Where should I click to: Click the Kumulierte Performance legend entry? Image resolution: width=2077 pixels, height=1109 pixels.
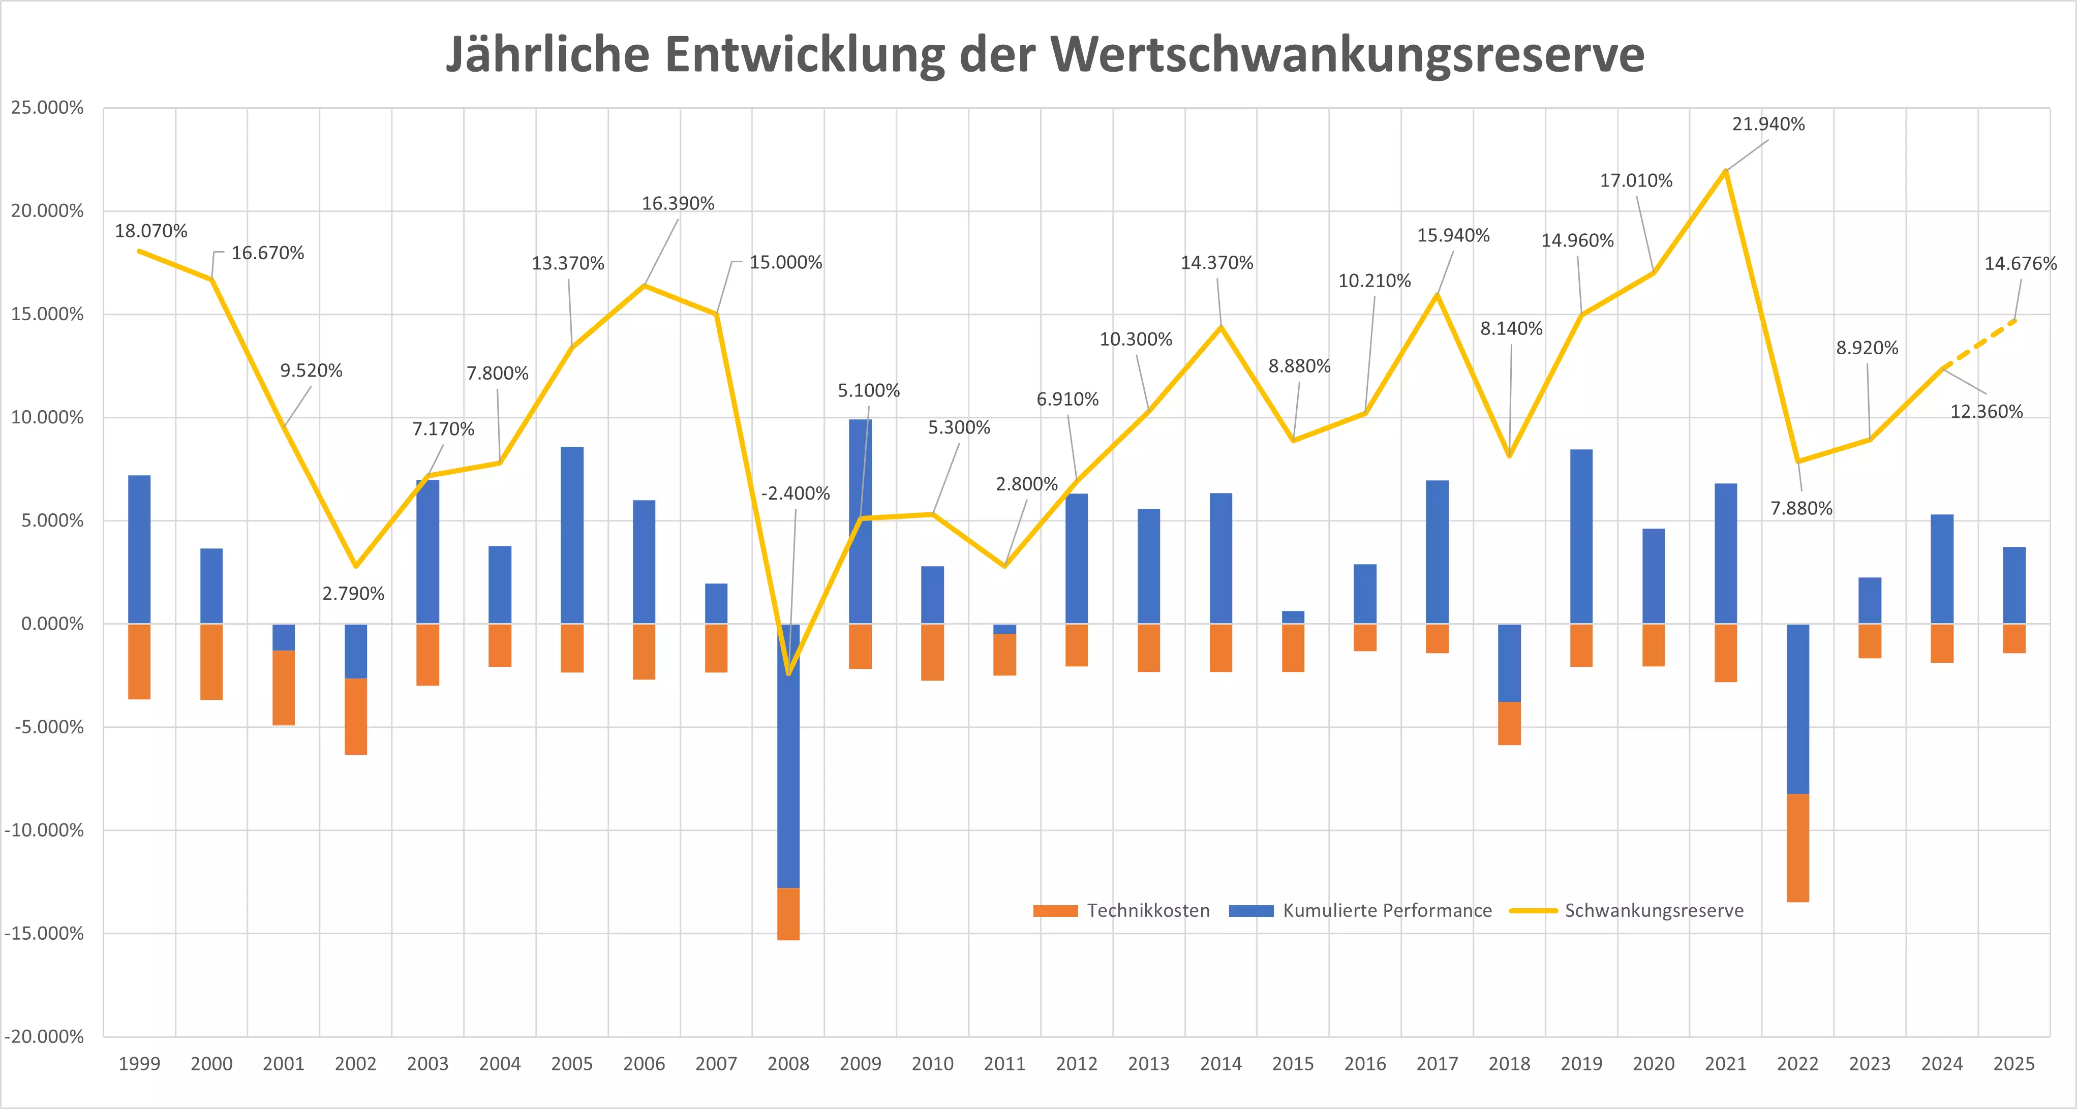[x=1360, y=911]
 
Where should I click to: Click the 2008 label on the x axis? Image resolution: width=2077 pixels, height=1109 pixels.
[x=788, y=1064]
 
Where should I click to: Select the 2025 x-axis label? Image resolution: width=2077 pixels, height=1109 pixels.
[x=2013, y=1064]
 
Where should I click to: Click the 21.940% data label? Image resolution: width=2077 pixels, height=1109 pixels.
[x=1768, y=124]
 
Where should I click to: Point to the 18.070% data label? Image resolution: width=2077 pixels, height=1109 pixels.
[x=151, y=231]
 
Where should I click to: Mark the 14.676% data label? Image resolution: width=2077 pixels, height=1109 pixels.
[x=2020, y=264]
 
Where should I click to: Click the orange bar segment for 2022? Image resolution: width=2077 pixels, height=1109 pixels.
[x=1797, y=848]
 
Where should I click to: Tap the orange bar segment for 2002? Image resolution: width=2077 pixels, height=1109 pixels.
[x=356, y=717]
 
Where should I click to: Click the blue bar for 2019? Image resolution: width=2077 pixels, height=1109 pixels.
[x=1581, y=537]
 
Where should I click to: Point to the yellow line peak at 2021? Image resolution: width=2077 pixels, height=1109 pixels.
[x=1725, y=171]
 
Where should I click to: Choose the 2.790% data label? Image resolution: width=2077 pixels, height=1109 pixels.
[x=353, y=594]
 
